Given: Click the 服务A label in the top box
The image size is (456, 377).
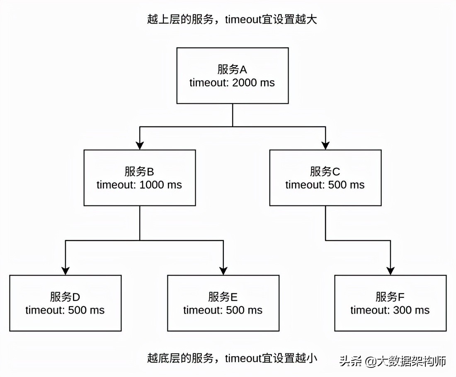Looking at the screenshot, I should point(232,69).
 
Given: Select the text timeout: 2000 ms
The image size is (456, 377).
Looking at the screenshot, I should point(232,82).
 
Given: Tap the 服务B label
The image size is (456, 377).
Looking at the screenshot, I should point(139,172).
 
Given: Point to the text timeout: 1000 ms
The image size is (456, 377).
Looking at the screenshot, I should point(139,185).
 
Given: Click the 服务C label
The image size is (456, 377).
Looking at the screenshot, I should point(325,172).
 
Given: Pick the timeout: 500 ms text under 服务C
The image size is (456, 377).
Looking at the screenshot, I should point(325,185).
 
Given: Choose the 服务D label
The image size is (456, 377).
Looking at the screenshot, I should point(65,297).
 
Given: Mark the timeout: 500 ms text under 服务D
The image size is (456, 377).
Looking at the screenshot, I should point(65,310).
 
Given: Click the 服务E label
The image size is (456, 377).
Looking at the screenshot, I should point(223,297).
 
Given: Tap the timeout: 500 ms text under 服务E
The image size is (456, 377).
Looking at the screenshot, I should point(223,310).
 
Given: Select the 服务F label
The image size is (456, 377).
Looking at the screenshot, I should point(390,297).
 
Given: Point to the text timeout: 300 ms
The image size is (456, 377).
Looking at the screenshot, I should point(390,310).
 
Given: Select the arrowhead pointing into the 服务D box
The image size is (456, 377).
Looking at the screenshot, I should point(65,270).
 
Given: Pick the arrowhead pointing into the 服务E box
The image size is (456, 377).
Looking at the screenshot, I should point(223,270).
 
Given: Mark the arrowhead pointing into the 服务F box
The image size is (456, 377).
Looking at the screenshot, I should point(391,270).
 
